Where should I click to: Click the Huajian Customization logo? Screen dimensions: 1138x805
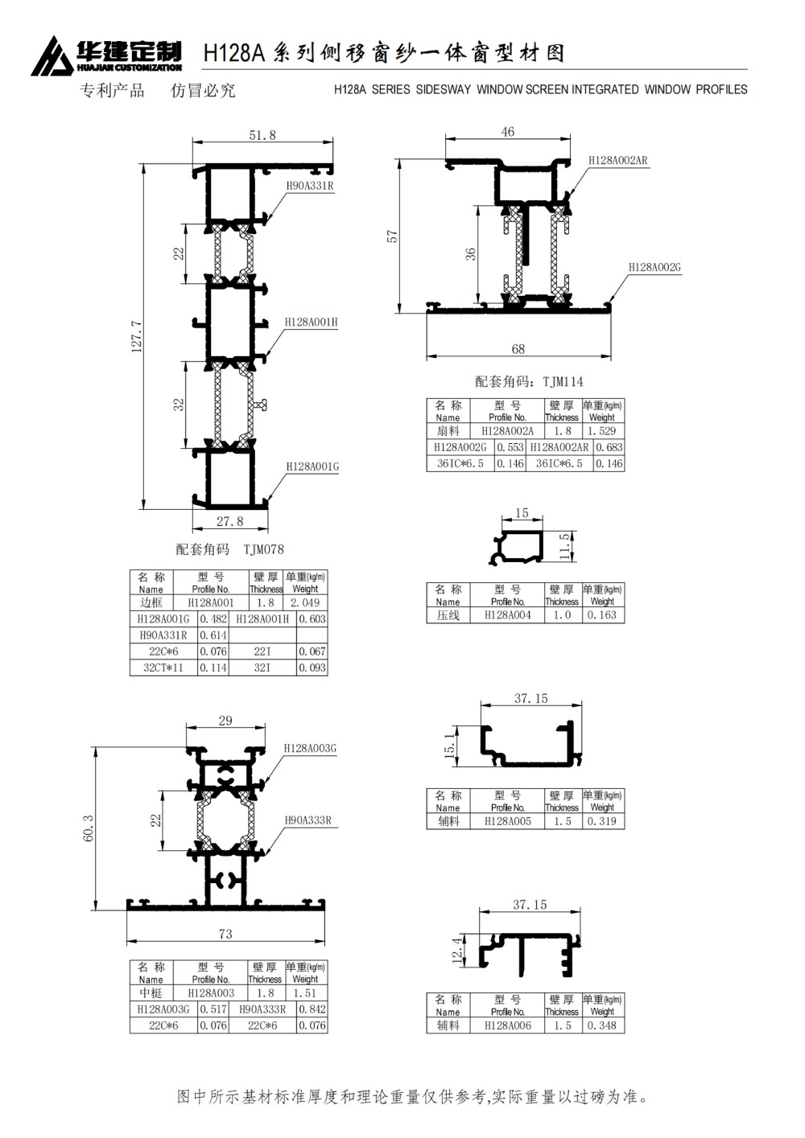click(106, 55)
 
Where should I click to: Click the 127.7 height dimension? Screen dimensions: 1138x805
click(137, 335)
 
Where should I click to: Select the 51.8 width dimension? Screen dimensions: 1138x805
click(262, 135)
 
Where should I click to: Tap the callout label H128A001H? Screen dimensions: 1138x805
click(311, 323)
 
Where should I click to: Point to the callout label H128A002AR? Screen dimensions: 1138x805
click(617, 160)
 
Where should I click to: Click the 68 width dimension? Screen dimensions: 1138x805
click(518, 348)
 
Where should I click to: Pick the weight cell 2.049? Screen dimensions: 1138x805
click(305, 602)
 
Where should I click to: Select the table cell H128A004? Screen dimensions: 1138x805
click(508, 614)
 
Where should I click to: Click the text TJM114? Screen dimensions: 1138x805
click(563, 381)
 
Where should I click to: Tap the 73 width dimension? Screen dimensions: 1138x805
click(225, 934)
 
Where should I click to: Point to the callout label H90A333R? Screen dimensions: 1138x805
click(308, 820)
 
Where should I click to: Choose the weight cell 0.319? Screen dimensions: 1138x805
click(602, 821)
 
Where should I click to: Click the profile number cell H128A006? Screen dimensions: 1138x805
click(508, 1025)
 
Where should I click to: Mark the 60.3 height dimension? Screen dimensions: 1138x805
click(89, 828)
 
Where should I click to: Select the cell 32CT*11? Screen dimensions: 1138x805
click(163, 668)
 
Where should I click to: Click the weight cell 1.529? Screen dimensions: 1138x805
click(601, 431)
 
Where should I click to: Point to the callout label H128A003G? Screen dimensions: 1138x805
click(310, 748)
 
